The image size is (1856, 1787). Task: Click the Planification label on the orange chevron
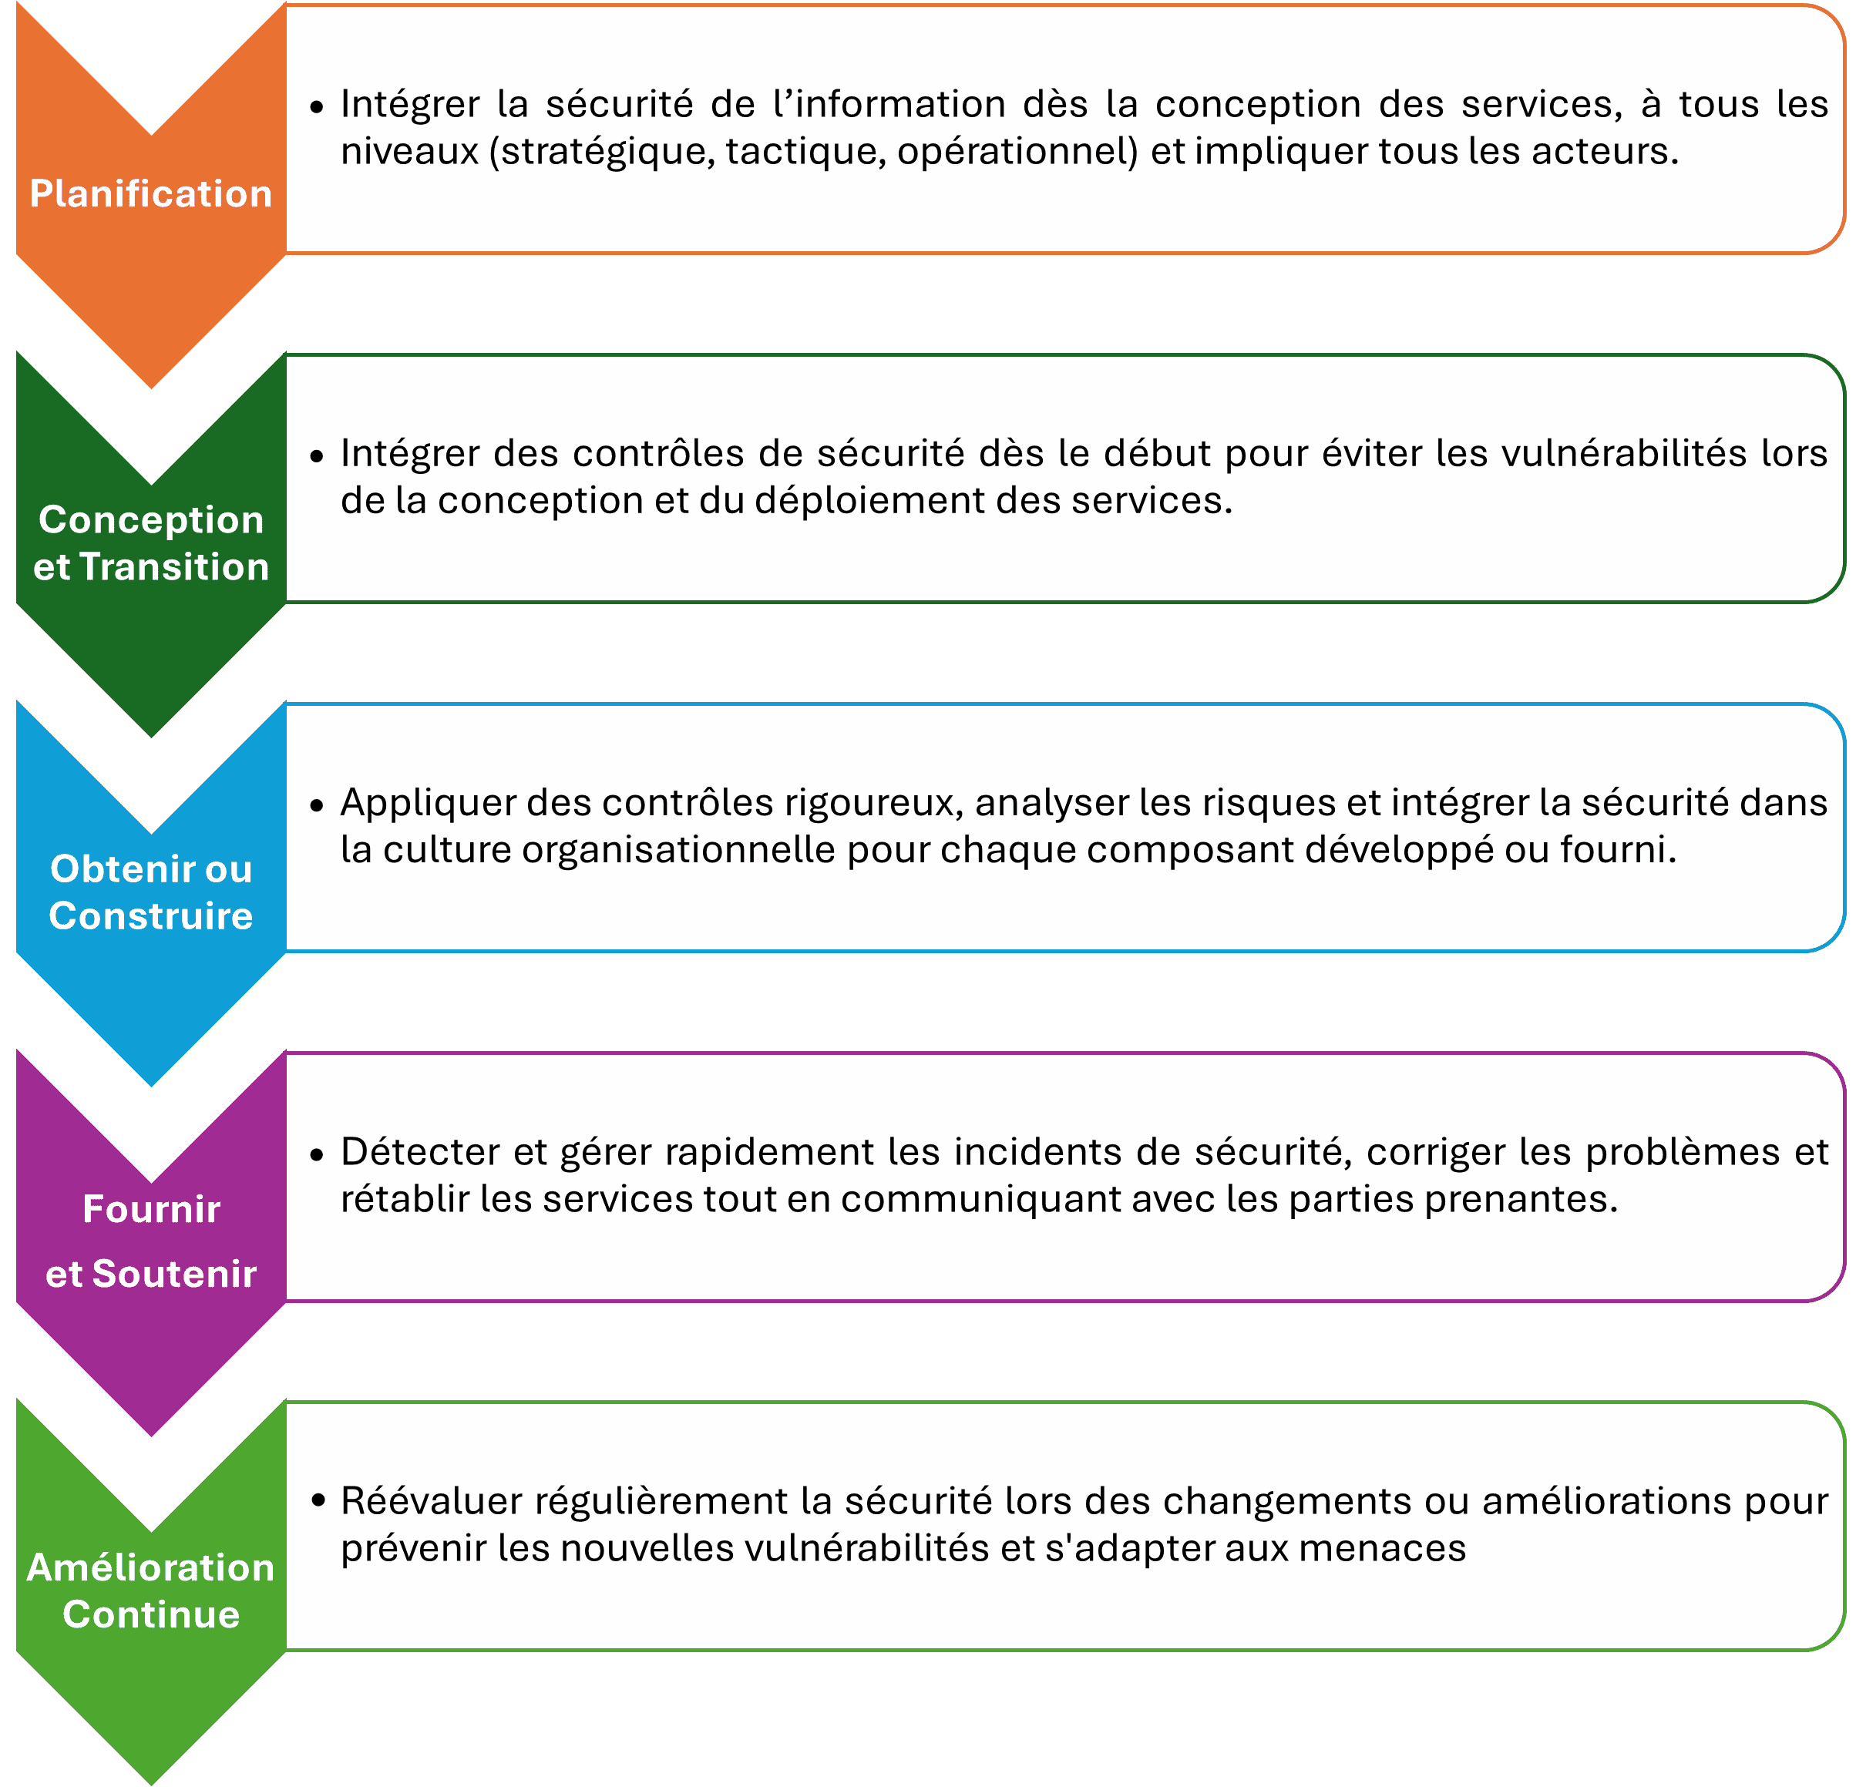pos(150,194)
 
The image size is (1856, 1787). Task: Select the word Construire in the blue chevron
pos(150,916)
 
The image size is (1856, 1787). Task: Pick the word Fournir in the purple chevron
pos(150,1210)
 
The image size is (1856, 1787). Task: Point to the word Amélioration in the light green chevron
pos(150,1567)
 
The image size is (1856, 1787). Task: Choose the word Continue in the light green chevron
pos(150,1614)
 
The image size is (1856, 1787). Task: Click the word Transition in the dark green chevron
pos(174,567)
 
